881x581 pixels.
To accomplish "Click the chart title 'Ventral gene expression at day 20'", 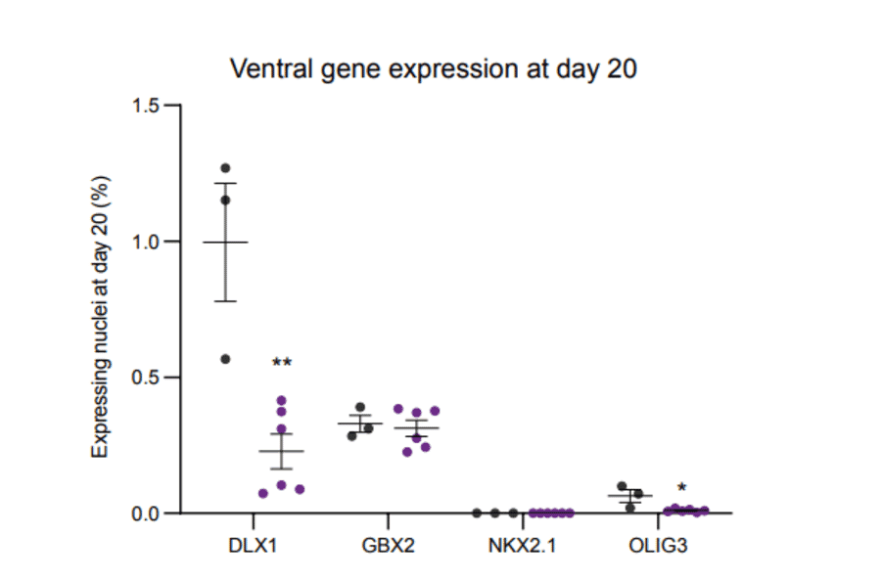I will pos(433,69).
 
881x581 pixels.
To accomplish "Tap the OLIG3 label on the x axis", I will pos(658,545).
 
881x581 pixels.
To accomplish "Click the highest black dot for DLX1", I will pos(225,168).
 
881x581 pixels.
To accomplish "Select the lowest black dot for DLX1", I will pos(225,359).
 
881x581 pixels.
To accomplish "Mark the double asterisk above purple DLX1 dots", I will pos(282,363).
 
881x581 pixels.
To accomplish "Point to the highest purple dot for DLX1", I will pos(282,400).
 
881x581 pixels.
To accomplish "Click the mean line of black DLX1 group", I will pos(225,242).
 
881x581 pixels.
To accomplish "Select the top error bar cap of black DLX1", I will pos(225,183).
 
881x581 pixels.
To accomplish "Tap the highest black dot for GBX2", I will pos(360,407).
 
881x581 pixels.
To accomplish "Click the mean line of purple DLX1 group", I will pos(282,451).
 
